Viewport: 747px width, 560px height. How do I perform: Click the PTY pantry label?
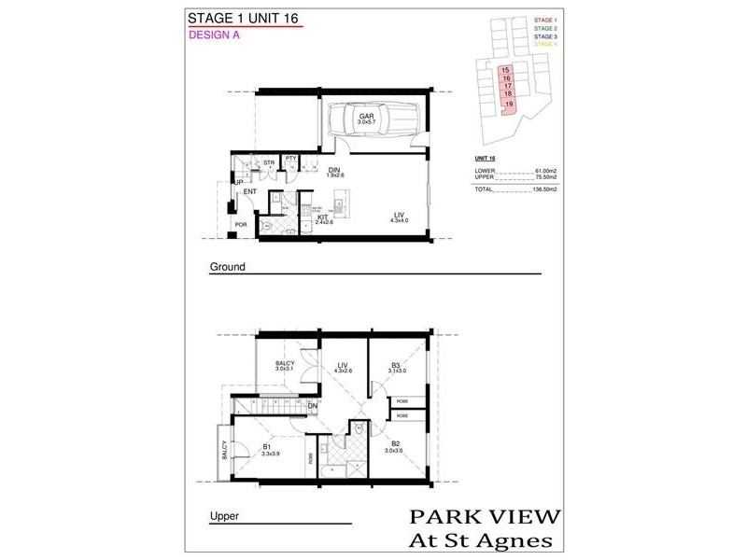[290, 159]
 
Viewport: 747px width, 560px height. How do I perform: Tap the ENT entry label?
[249, 192]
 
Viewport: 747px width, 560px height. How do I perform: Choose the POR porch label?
[241, 225]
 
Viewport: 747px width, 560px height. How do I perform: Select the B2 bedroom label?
[396, 446]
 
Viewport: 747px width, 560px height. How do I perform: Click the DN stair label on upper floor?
[312, 406]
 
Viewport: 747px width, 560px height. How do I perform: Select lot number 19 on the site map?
[509, 105]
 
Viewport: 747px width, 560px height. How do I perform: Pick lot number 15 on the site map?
[505, 70]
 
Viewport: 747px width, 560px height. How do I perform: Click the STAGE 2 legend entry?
[545, 28]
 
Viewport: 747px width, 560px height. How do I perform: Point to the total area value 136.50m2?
[543, 189]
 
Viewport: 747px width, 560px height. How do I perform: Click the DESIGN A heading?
[217, 35]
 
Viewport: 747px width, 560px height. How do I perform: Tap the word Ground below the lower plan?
[227, 267]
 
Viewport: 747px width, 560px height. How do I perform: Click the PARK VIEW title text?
[485, 517]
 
